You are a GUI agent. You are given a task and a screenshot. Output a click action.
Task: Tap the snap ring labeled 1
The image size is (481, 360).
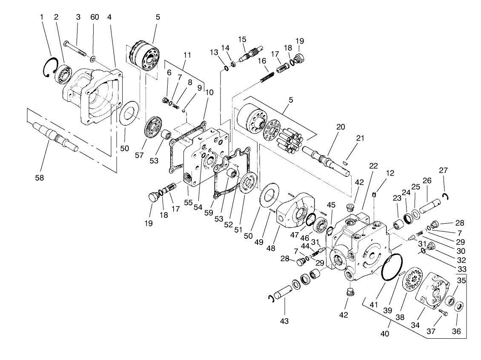tap(50, 68)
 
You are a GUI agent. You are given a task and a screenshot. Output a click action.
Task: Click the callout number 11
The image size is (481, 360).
tap(187, 55)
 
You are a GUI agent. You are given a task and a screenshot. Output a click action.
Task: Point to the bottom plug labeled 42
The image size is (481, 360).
tap(349, 293)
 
